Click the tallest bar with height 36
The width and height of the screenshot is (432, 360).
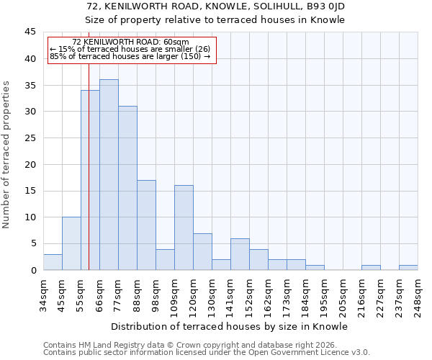[109, 175]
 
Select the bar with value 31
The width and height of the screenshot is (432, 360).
[127, 188]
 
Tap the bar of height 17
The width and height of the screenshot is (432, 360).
[146, 225]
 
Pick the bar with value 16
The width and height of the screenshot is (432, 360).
[184, 228]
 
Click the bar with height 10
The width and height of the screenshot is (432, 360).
[71, 243]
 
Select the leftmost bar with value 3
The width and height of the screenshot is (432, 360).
[53, 262]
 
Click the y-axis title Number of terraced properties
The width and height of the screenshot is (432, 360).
[8, 154]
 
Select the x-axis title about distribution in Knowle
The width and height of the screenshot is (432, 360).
[230, 326]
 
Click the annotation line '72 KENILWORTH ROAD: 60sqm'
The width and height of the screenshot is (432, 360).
[130, 42]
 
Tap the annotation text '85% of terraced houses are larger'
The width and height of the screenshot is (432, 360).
[130, 56]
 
